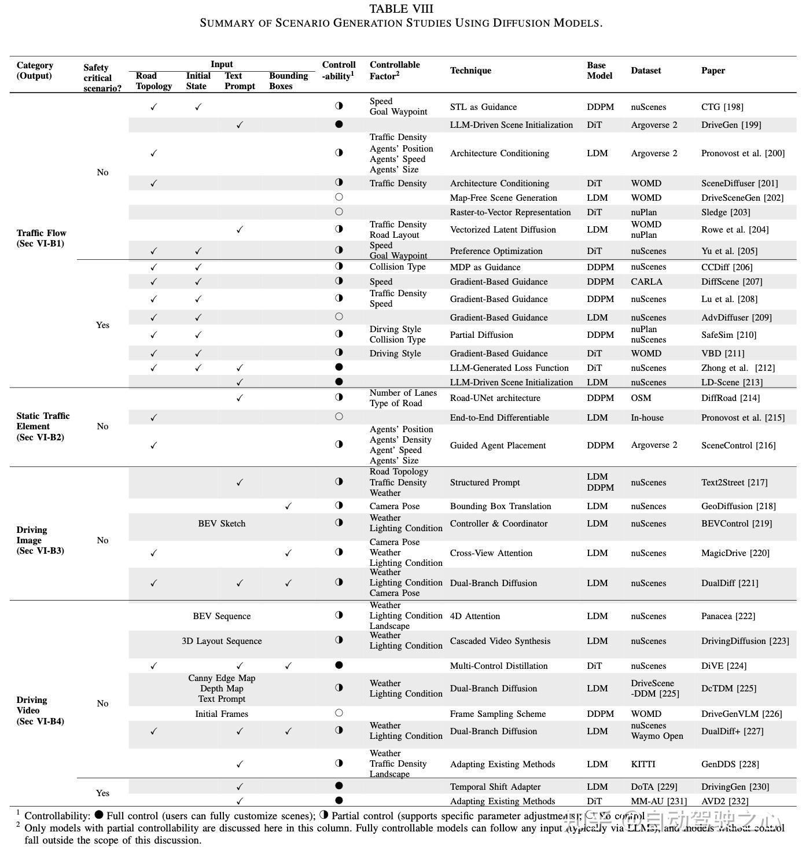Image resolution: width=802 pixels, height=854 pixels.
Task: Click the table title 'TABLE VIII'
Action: click(401, 9)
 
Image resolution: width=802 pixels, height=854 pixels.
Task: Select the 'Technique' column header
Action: click(470, 71)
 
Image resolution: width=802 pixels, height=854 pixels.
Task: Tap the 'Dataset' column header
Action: click(646, 71)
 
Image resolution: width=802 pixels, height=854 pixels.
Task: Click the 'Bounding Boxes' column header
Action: click(288, 81)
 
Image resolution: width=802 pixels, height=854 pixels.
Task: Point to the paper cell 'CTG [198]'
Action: click(722, 107)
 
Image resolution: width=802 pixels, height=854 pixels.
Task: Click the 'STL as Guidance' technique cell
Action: click(483, 107)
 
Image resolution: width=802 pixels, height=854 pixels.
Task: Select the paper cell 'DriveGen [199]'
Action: click(731, 125)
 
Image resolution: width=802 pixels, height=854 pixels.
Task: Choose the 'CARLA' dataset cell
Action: click(646, 282)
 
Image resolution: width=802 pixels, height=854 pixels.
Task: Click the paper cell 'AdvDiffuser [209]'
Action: click(736, 318)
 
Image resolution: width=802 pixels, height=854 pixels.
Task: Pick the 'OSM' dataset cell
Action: click(641, 398)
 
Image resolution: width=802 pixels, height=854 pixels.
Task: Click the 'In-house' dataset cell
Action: click(647, 418)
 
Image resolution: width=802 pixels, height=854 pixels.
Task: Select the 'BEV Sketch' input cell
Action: click(222, 524)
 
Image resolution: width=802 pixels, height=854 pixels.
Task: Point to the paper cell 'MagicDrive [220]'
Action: click(735, 553)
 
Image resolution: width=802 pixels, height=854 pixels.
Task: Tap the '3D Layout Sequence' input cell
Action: click(222, 641)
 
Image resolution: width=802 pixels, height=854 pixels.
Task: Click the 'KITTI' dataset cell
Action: click(643, 764)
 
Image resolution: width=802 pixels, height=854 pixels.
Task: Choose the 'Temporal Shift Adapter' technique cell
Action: click(495, 787)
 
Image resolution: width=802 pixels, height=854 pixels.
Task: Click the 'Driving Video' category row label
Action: click(40, 711)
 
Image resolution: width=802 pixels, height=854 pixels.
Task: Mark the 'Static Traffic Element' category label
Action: click(43, 426)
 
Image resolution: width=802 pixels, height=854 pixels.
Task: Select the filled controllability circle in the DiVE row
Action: click(339, 665)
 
